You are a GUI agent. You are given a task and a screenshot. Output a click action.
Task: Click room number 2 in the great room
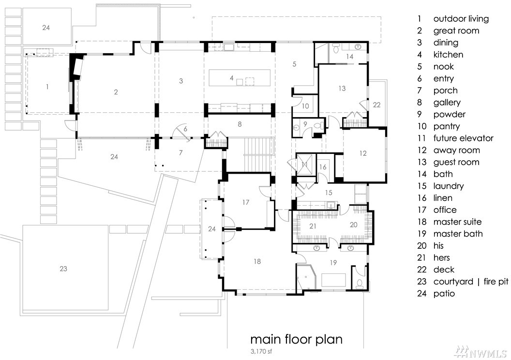(116, 92)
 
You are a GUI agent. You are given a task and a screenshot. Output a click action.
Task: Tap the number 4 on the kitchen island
(231, 78)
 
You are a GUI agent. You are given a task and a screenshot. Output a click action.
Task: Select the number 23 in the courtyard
(63, 269)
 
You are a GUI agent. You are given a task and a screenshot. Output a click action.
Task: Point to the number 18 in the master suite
(257, 261)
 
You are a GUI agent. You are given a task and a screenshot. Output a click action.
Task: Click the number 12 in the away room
(363, 153)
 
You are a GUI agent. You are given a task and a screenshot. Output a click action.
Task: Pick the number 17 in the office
(246, 202)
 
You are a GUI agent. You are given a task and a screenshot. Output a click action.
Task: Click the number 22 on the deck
(376, 105)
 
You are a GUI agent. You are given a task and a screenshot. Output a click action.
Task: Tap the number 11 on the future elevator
(304, 165)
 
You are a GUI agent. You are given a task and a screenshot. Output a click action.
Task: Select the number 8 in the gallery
(240, 124)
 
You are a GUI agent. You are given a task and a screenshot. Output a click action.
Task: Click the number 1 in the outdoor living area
(47, 87)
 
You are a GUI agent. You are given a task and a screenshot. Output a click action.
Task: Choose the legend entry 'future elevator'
(464, 138)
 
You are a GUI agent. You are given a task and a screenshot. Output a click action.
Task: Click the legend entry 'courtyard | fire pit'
(471, 282)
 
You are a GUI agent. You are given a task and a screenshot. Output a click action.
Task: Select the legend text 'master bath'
(458, 234)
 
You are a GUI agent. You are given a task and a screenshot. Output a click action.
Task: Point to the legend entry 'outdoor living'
(461, 19)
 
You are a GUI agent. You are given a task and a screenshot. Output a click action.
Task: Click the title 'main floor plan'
(296, 340)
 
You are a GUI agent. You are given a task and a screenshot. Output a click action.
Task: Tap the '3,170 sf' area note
(261, 351)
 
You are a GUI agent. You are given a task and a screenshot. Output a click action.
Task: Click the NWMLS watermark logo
(481, 351)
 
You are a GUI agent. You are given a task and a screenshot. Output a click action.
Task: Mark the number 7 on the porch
(181, 152)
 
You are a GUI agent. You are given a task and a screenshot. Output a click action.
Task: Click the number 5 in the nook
(294, 64)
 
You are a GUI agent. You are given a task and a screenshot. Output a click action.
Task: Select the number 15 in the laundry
(329, 193)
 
